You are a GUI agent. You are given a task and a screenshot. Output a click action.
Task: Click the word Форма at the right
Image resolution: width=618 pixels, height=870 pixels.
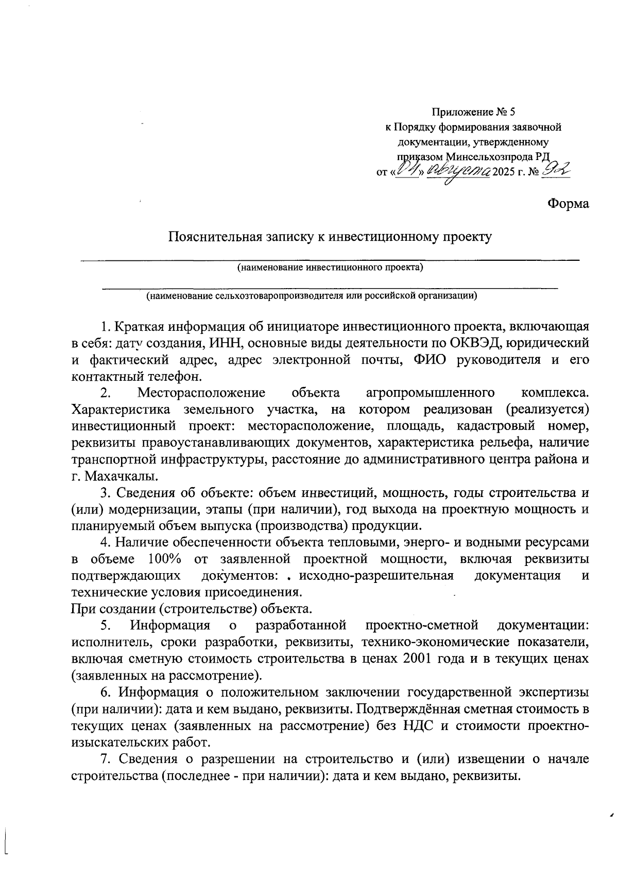568,203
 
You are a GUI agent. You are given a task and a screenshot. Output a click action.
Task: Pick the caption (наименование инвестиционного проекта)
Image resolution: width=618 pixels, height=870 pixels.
330,268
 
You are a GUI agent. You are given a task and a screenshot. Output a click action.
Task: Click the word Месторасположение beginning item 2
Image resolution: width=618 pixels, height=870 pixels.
201,393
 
